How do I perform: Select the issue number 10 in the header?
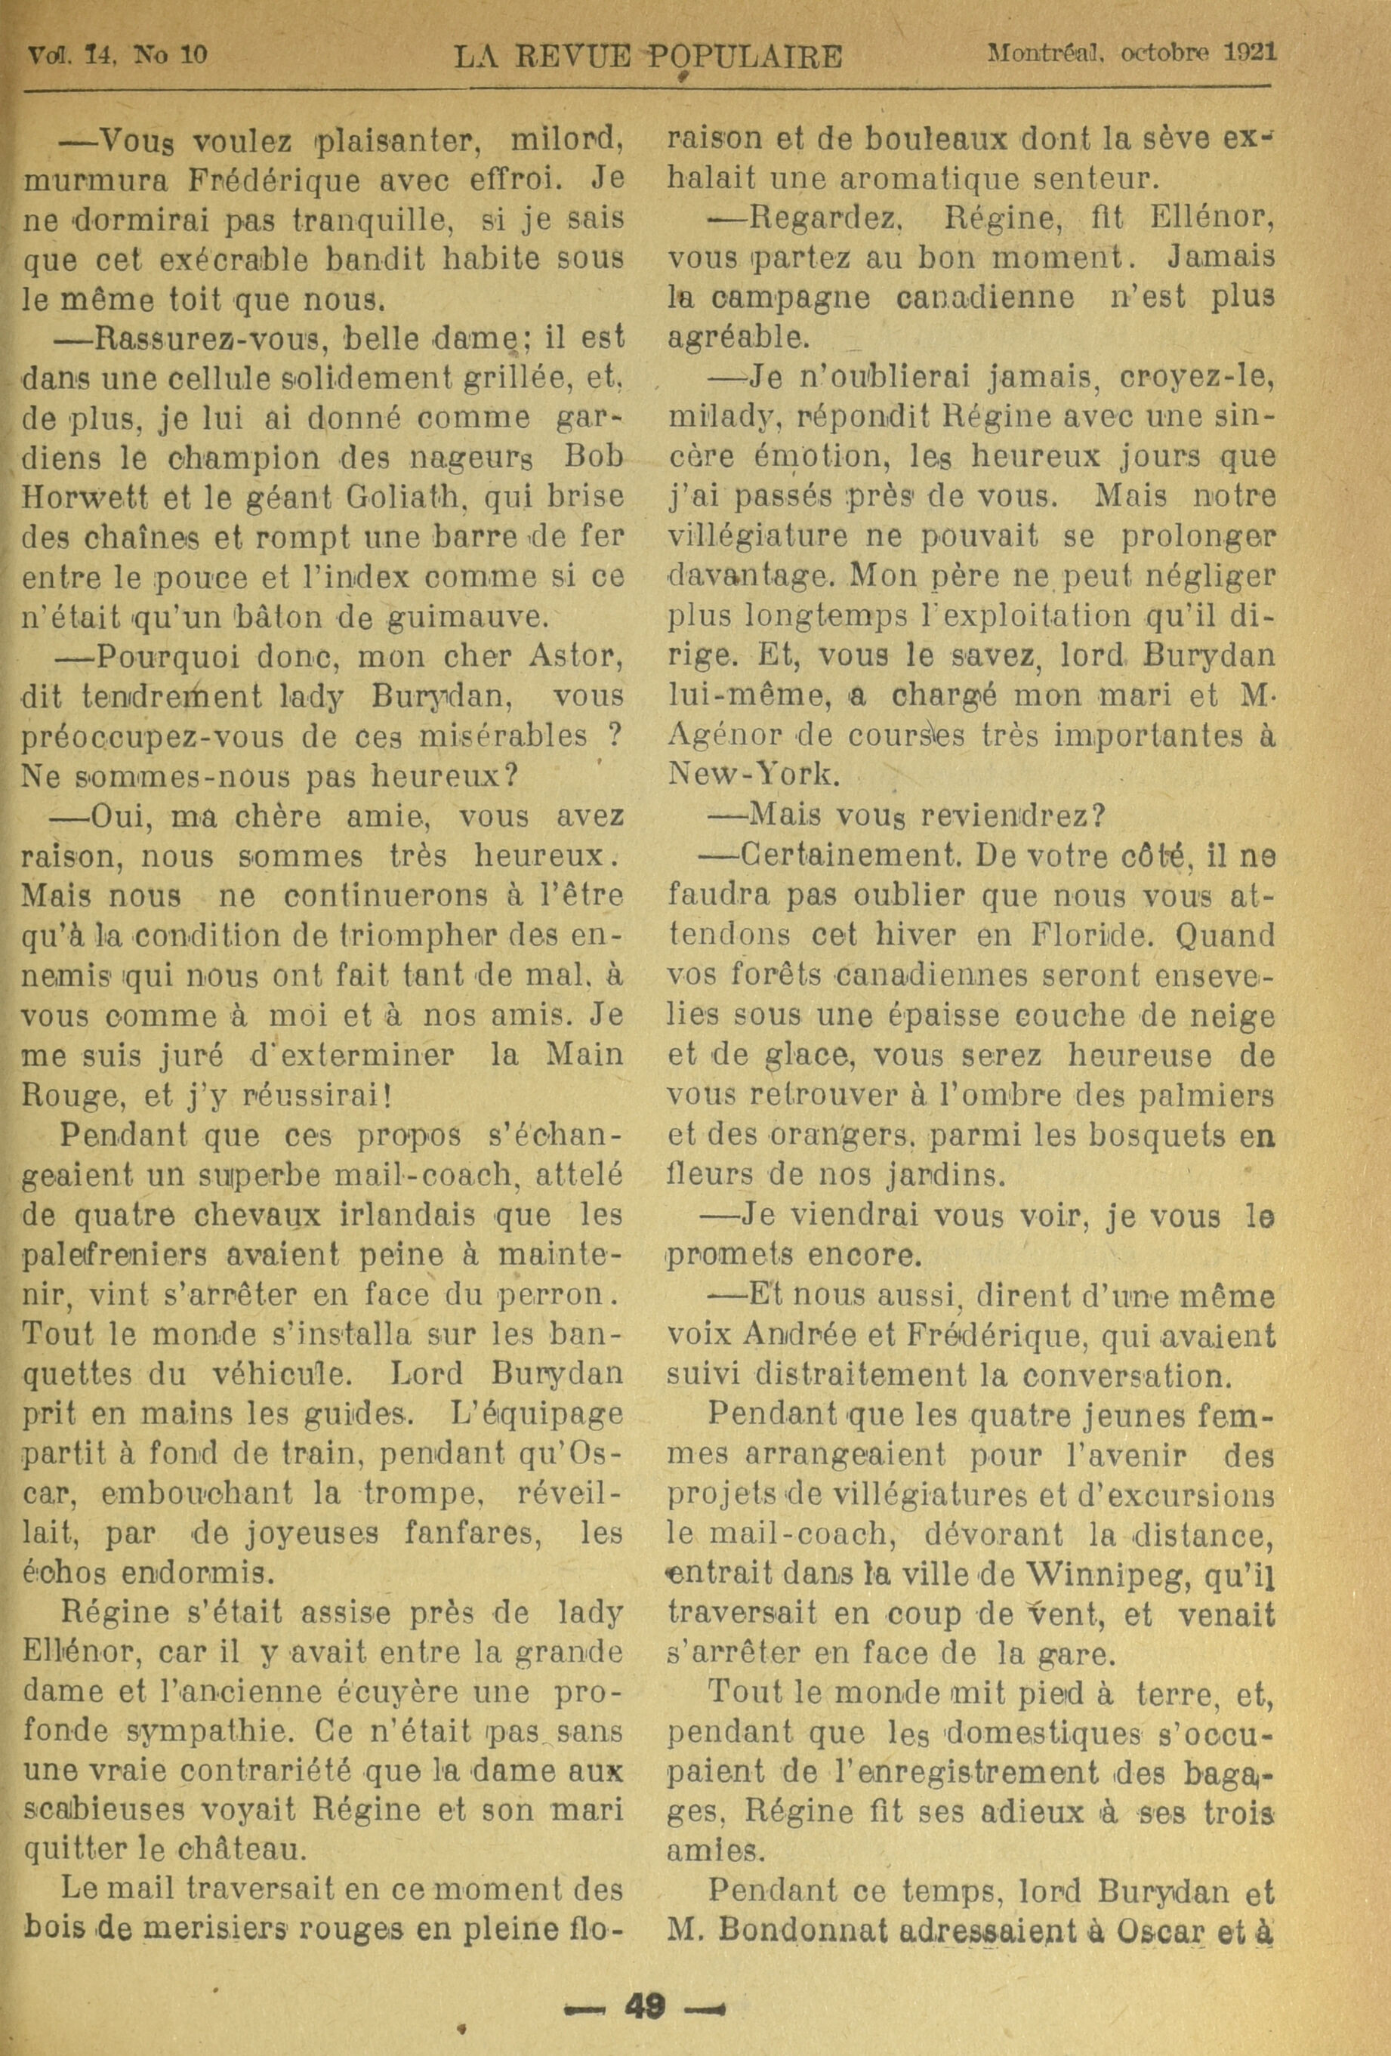[x=193, y=55]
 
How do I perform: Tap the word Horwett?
[x=93, y=496]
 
